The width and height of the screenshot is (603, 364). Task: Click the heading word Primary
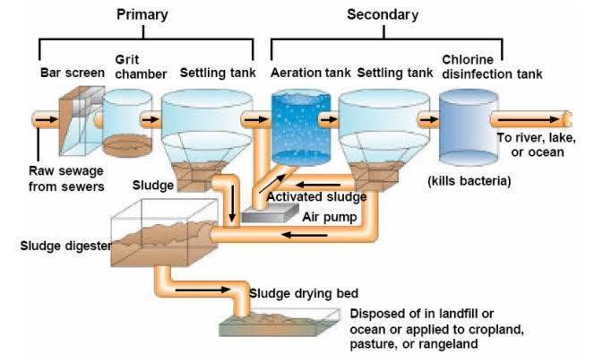pyautogui.click(x=142, y=15)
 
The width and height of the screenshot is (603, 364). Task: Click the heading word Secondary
pyautogui.click(x=383, y=14)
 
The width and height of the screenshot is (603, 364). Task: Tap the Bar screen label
pyautogui.click(x=73, y=73)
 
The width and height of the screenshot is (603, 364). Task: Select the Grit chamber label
pyautogui.click(x=141, y=66)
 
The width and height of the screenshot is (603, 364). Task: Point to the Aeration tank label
pyautogui.click(x=310, y=73)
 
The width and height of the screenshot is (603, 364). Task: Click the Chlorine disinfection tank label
pyautogui.click(x=492, y=66)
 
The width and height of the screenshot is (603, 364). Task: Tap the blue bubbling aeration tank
pyautogui.click(x=301, y=127)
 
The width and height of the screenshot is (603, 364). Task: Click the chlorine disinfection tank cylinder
pyautogui.click(x=469, y=127)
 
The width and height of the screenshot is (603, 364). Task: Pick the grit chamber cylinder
pyautogui.click(x=127, y=123)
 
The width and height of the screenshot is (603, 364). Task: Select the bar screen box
pyautogui.click(x=82, y=121)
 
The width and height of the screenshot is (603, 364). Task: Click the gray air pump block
pyautogui.click(x=270, y=213)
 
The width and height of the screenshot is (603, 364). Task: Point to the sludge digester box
pyautogui.click(x=165, y=233)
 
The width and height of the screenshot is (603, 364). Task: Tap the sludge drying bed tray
pyautogui.click(x=280, y=323)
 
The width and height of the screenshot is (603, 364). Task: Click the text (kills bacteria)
pyautogui.click(x=469, y=180)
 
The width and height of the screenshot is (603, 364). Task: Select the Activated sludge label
pyautogui.click(x=316, y=197)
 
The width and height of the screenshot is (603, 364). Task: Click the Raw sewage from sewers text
pyautogui.click(x=66, y=178)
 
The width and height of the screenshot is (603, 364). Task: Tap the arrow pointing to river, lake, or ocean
pyautogui.click(x=529, y=119)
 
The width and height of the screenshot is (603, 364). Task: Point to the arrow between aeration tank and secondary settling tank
pyautogui.click(x=329, y=119)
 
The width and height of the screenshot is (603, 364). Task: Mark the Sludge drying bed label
pyautogui.click(x=304, y=293)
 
